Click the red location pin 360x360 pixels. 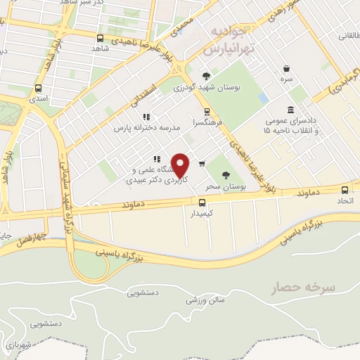181,165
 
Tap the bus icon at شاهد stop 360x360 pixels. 100,38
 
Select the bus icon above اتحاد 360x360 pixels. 345,189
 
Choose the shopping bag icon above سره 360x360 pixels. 287,68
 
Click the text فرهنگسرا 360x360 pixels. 210,122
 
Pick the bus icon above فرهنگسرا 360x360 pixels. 206,111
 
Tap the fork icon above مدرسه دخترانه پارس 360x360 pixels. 146,117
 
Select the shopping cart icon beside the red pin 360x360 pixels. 202,164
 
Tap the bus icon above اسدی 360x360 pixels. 37,89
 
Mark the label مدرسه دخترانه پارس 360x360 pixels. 142,129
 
